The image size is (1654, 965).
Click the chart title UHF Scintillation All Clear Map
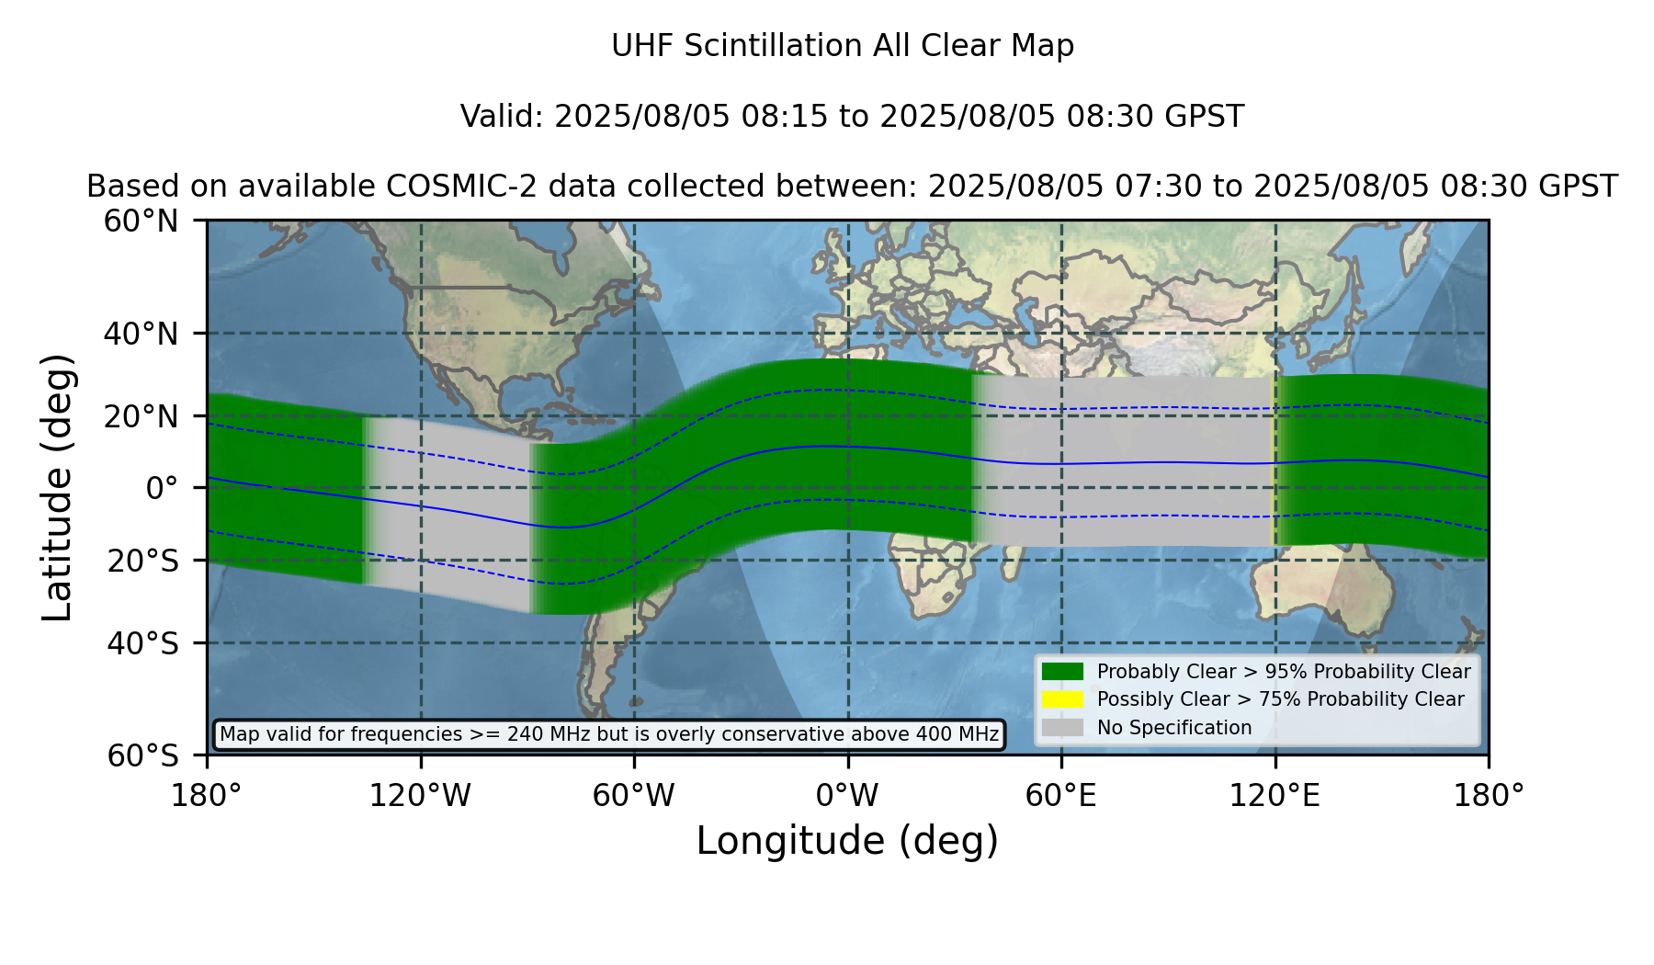coord(843,46)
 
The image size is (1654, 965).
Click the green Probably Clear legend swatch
coord(1062,672)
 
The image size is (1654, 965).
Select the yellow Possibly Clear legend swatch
coord(1062,699)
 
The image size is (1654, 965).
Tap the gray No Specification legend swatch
coord(1062,728)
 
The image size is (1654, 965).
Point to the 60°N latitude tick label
coord(141,221)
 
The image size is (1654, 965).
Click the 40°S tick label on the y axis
coord(142,643)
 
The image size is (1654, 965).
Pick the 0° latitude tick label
coord(162,488)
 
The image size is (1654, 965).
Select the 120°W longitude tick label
coord(420,796)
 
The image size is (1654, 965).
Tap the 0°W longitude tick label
coord(847,796)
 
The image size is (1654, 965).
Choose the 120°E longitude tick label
coord(1274,796)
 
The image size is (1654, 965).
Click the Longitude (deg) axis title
coord(847,841)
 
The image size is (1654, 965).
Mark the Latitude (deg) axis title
coord(57,487)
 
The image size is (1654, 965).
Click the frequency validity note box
coord(610,734)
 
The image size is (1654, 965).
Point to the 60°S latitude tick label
coord(142,755)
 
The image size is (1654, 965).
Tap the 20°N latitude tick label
coord(141,416)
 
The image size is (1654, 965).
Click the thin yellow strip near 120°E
coord(1273,460)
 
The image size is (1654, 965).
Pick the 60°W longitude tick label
coord(633,796)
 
